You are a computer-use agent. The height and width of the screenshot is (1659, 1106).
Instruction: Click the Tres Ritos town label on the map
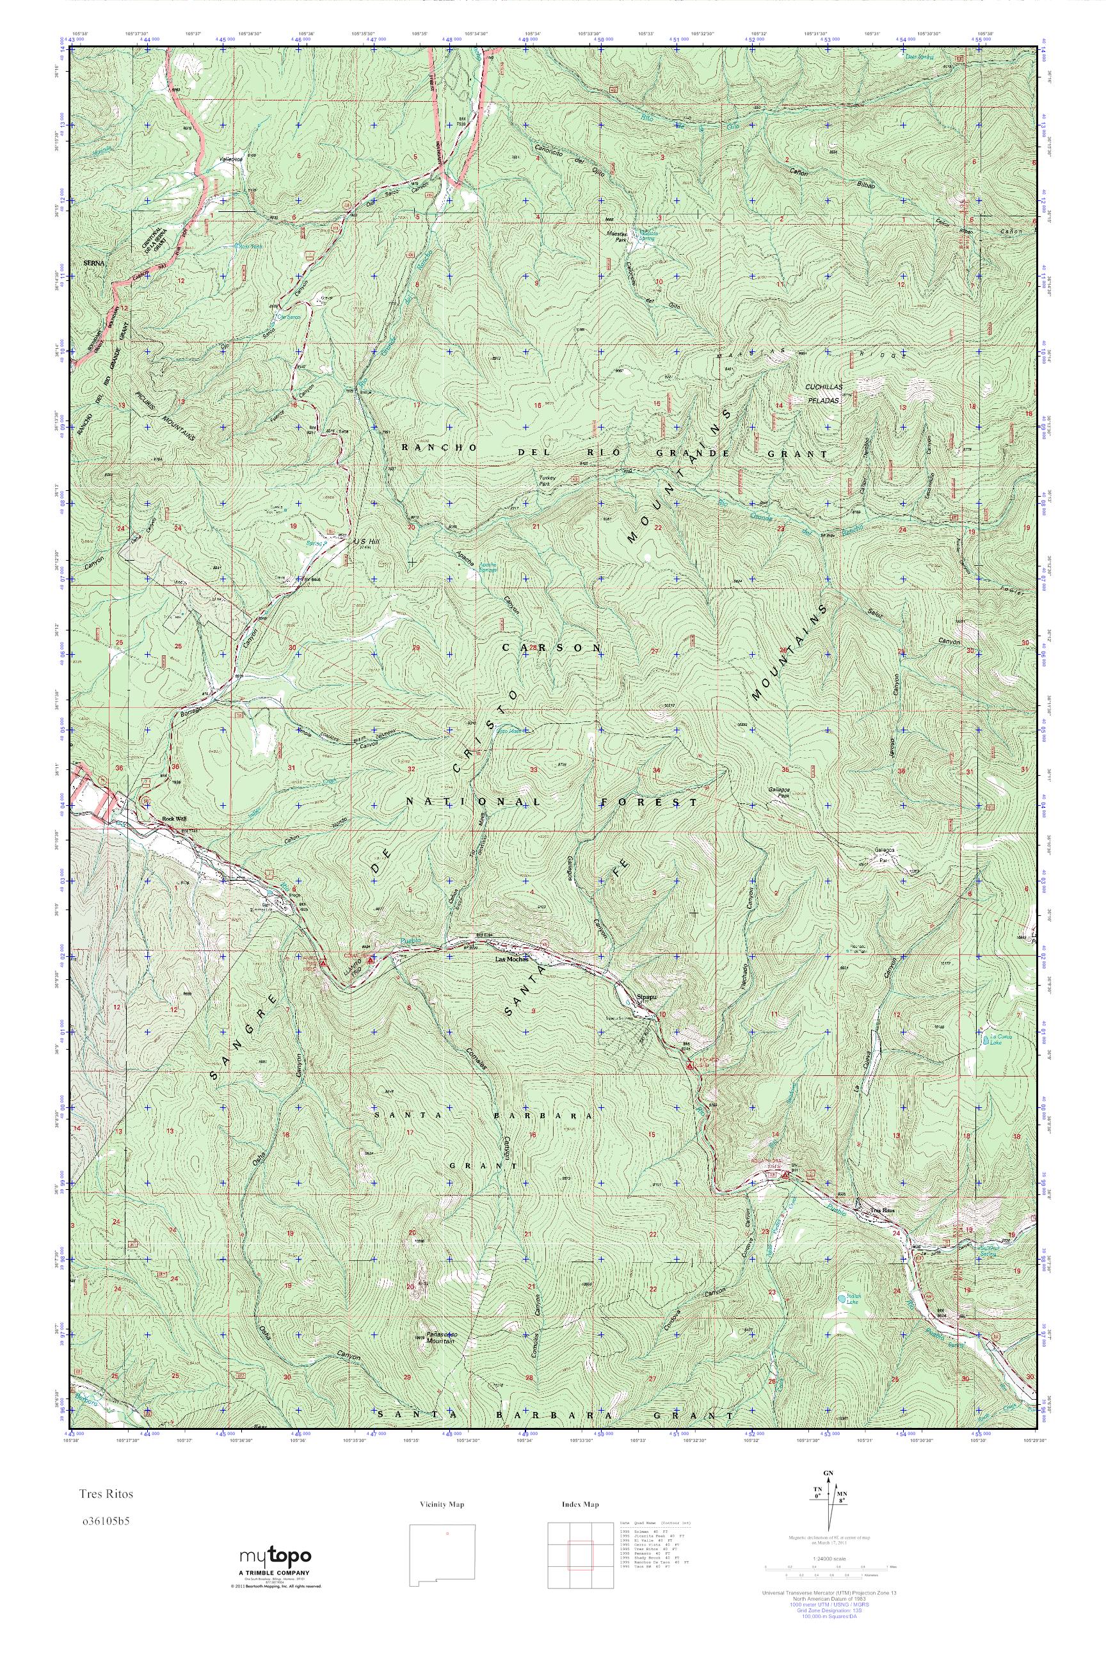coord(883,1210)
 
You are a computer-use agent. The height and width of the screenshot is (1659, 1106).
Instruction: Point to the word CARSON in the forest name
coord(552,648)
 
